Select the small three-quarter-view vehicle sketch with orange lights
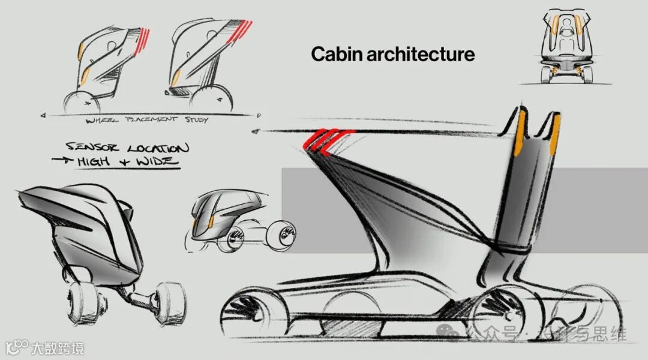click(219, 216)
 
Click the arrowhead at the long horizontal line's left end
click(257, 131)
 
